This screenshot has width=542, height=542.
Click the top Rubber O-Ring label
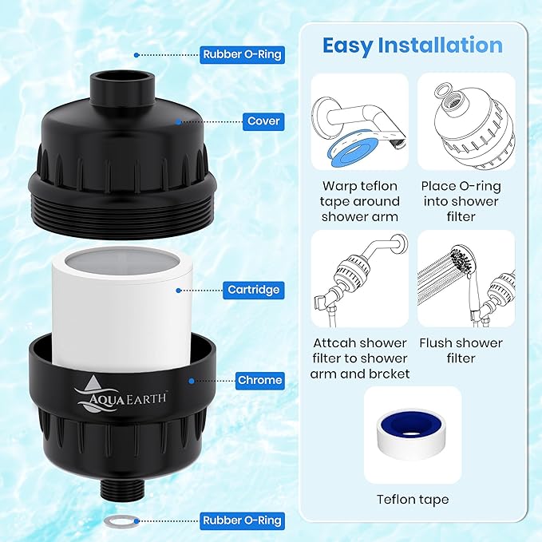pyautogui.click(x=241, y=55)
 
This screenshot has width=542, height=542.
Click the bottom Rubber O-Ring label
pyautogui.click(x=241, y=520)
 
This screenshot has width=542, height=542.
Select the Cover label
pyautogui.click(x=263, y=121)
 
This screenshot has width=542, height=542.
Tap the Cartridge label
pyautogui.click(x=254, y=290)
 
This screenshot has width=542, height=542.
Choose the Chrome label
pyautogui.click(x=259, y=380)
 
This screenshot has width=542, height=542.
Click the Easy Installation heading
pyautogui.click(x=412, y=45)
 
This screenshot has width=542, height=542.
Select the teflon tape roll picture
pyautogui.click(x=412, y=435)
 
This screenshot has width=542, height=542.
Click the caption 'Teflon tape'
pyautogui.click(x=412, y=500)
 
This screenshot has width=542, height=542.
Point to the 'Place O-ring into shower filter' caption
pyautogui.click(x=466, y=201)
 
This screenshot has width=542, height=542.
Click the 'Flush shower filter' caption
pyautogui.click(x=466, y=350)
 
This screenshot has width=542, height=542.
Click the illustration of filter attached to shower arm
pyautogui.click(x=359, y=276)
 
